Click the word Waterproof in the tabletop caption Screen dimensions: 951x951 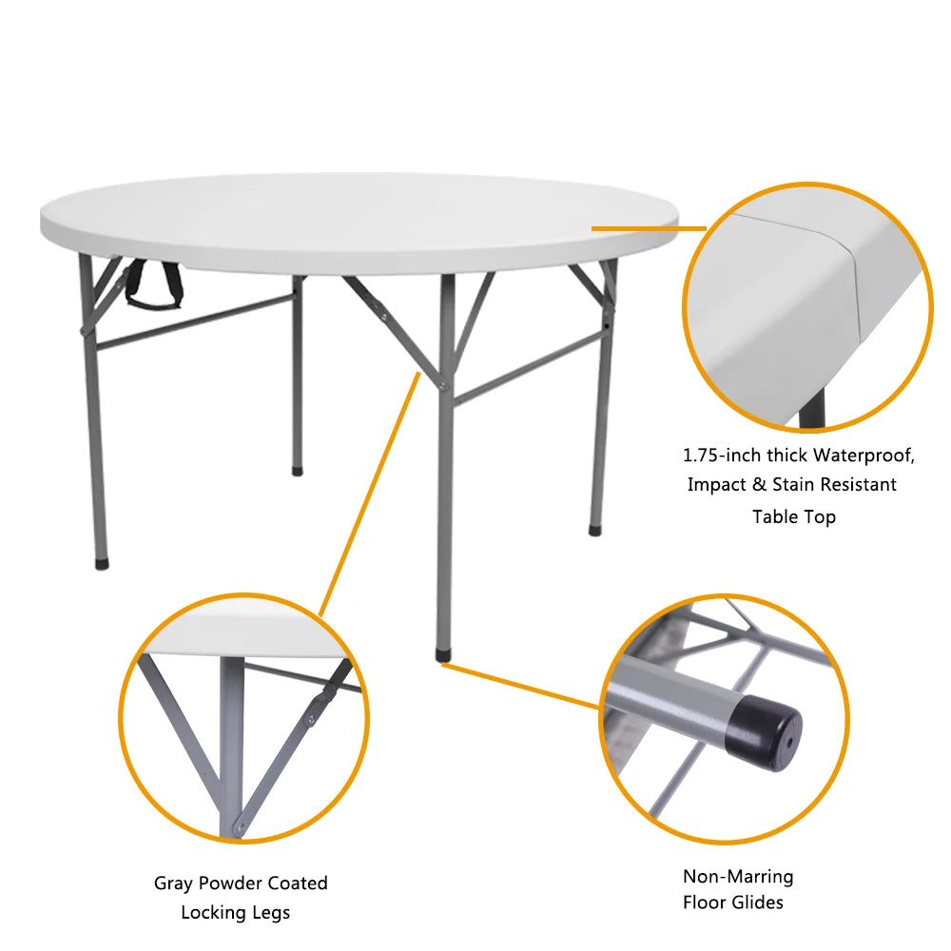click(x=864, y=455)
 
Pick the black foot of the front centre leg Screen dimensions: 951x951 click(x=445, y=655)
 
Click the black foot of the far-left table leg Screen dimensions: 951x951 click(x=101, y=563)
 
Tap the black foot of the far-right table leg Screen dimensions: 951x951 click(x=594, y=529)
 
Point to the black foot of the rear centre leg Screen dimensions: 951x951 click(x=298, y=469)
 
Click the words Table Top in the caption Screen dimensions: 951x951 click(x=794, y=516)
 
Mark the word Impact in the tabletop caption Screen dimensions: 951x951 click(x=715, y=484)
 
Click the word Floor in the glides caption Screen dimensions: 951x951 click(x=705, y=902)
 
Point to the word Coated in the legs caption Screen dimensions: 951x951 click(x=297, y=883)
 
